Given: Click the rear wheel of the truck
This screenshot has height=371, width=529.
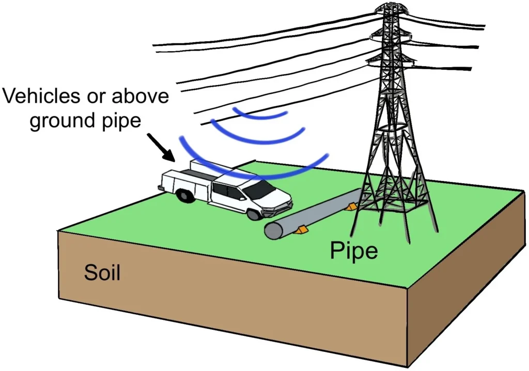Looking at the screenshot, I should click(x=183, y=197).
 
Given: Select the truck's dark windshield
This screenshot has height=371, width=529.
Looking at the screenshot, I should click(x=261, y=189).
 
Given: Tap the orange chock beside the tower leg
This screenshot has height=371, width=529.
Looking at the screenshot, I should click(x=352, y=207).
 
